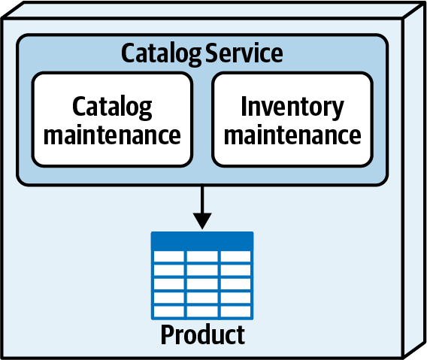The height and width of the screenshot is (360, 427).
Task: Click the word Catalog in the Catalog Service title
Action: coord(161,54)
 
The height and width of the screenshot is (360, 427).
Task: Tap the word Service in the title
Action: coord(244,53)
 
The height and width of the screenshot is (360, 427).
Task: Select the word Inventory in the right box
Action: coord(292,107)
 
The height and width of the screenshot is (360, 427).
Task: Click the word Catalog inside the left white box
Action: coord(112,107)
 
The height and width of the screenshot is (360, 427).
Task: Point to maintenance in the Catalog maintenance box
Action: coord(112,135)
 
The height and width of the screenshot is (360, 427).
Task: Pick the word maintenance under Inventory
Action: coord(292,135)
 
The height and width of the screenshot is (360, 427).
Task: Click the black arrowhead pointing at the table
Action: coord(202,221)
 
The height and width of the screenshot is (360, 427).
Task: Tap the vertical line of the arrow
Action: coord(202,200)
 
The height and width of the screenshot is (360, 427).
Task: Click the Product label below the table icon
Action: coord(203,334)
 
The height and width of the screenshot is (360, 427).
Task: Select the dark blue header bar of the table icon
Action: coord(202,241)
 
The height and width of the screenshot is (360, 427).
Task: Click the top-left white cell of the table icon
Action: coord(169,256)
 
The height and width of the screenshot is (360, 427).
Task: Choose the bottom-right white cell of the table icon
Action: coord(235,312)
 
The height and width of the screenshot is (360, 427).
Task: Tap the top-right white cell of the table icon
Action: coord(235,256)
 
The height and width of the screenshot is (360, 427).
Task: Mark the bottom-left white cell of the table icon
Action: coord(169,312)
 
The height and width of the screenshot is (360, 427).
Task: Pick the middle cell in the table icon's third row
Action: coord(202,284)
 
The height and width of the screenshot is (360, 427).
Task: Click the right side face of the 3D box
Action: coord(414,180)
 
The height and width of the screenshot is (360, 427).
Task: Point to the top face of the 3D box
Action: coord(214,10)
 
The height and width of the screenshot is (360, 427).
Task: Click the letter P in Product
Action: coord(168,334)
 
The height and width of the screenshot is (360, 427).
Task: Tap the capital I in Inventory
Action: coord(244,106)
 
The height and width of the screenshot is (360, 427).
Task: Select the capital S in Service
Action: coord(212,53)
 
